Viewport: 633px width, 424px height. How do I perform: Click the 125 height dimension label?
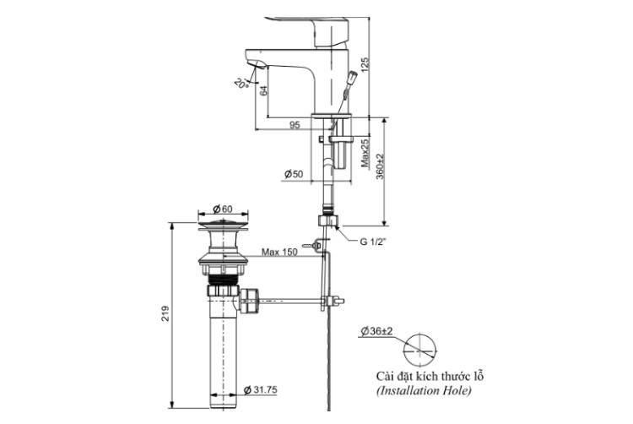click(x=365, y=64)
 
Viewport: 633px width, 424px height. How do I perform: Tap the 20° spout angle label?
click(x=241, y=83)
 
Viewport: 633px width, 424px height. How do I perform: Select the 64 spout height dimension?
click(x=263, y=90)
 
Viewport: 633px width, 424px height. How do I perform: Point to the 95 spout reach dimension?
click(x=295, y=125)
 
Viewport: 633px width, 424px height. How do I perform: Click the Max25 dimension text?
click(x=365, y=152)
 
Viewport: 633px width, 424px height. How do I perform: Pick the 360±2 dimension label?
click(x=380, y=166)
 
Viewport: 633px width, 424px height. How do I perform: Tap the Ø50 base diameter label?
click(x=294, y=174)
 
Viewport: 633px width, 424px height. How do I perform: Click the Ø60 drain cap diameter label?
click(x=223, y=209)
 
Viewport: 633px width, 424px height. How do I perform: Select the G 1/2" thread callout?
click(x=373, y=242)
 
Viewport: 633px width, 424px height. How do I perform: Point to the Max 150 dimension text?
click(x=279, y=252)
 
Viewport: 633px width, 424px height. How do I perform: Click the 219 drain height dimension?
click(x=165, y=313)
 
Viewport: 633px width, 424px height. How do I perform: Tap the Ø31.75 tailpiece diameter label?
click(x=261, y=389)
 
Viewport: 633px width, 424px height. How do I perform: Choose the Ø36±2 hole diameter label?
click(x=377, y=331)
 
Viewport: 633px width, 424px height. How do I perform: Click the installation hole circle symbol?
click(x=420, y=350)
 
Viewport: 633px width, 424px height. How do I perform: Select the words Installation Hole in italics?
click(x=424, y=391)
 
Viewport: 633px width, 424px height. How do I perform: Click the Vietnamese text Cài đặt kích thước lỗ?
click(x=430, y=377)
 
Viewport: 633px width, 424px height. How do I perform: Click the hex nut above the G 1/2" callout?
click(x=327, y=221)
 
